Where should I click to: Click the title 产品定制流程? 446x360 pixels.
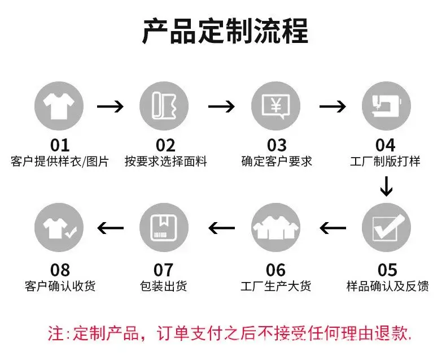(225, 31)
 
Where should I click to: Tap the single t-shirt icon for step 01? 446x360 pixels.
(59, 106)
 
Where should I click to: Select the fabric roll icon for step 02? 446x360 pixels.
(164, 106)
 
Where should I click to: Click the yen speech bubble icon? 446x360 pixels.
(276, 106)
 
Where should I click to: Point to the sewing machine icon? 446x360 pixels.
(386, 106)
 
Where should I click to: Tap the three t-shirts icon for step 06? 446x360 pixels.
(276, 227)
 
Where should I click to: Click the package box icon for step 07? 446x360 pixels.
(164, 227)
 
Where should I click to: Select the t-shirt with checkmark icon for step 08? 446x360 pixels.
(59, 227)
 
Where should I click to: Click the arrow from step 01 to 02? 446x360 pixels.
(110, 106)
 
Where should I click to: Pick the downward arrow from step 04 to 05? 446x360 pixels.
(386, 186)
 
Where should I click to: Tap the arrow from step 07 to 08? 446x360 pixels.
(110, 228)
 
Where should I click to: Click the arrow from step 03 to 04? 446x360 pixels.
(333, 106)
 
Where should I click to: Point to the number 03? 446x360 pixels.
(277, 145)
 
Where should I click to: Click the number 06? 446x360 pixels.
(276, 270)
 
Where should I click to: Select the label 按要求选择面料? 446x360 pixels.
(166, 162)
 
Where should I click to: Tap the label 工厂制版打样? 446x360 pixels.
(385, 162)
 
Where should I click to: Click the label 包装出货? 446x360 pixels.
(163, 286)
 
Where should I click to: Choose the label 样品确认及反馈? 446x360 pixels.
(387, 286)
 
